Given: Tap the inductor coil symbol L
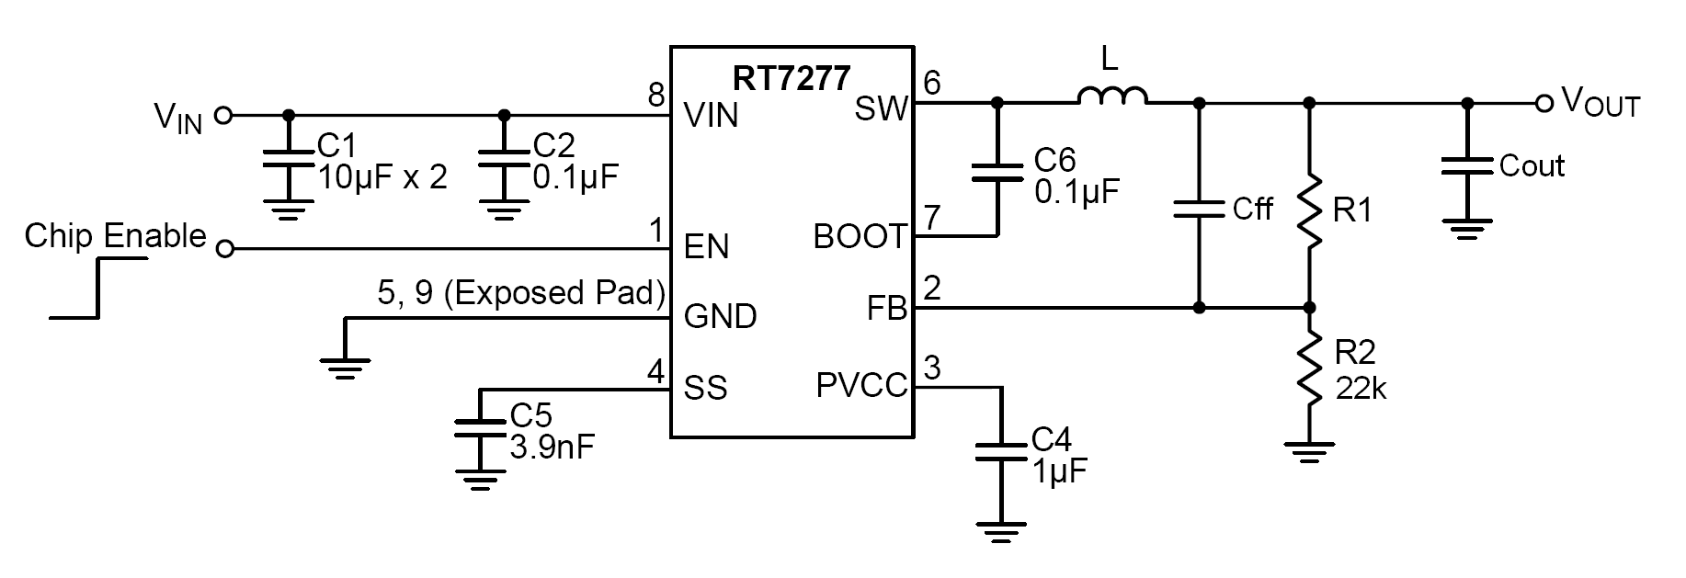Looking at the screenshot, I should coord(1112,96).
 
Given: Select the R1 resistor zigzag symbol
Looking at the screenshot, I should coord(1310,210).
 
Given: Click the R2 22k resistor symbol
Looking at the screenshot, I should coord(1310,372).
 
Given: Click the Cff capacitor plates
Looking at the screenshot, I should coord(1199,209).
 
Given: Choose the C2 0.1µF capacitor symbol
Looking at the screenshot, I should coord(503,157).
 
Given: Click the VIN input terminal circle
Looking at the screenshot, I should coord(222,116).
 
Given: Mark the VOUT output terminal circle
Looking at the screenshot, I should coord(1544,103).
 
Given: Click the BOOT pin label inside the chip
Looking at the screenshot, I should coord(860,237).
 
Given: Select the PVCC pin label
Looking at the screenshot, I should coord(860,386).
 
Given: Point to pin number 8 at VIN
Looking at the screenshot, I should coord(655,95).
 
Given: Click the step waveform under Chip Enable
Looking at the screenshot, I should coord(98,288).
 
